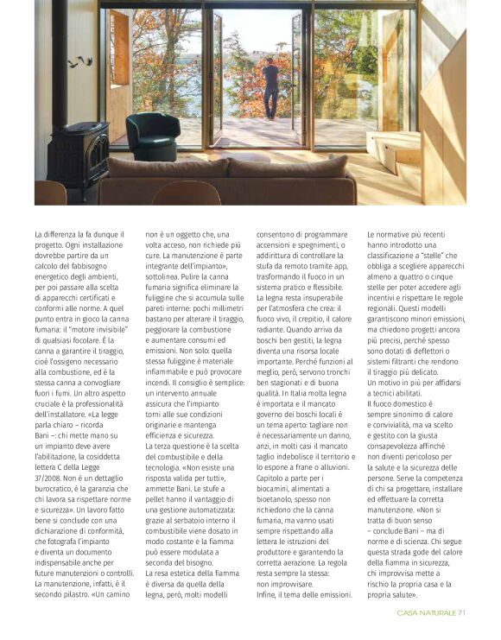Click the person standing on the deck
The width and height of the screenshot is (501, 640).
(270, 90)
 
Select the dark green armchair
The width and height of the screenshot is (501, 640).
(151, 136)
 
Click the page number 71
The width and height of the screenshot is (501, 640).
(462, 613)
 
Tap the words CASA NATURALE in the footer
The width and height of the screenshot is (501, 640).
(426, 613)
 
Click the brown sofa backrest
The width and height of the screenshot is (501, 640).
(225, 165)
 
